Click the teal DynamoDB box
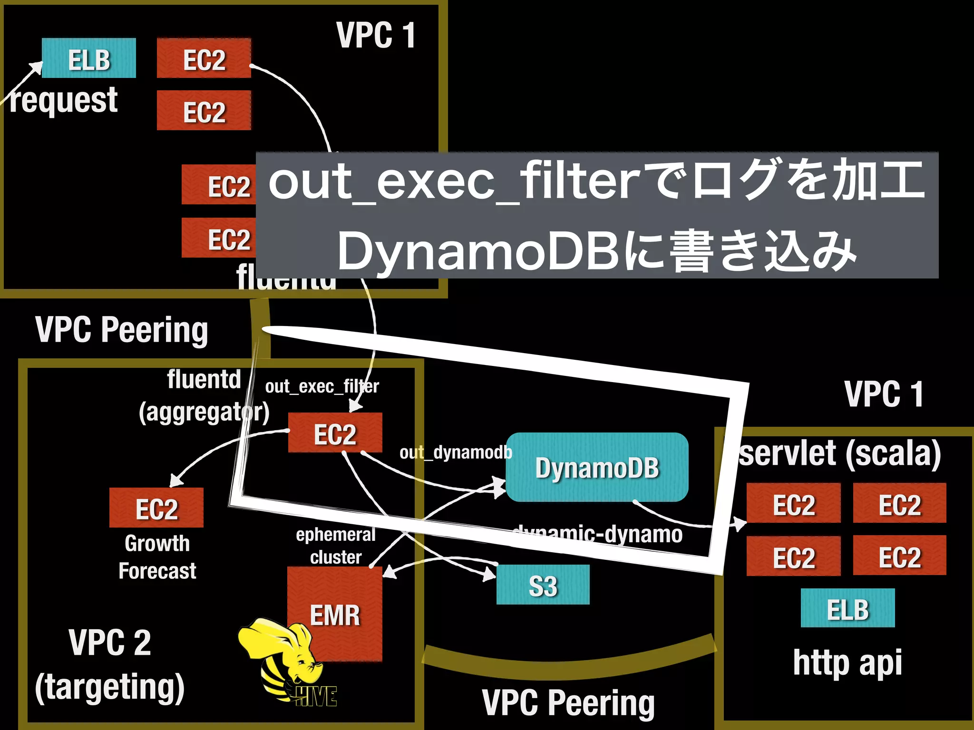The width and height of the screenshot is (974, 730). [x=597, y=467]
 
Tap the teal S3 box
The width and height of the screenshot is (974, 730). [x=543, y=585]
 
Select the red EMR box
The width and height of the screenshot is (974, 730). [x=335, y=614]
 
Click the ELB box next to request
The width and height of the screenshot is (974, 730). [x=89, y=58]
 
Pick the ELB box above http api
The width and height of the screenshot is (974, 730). [x=847, y=608]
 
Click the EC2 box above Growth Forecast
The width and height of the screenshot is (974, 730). [x=156, y=508]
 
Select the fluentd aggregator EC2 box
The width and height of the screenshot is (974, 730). [x=335, y=433]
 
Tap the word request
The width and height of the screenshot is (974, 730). [x=64, y=101]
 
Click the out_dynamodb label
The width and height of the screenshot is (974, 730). [x=456, y=452]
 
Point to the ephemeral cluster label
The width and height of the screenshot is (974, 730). [x=336, y=546]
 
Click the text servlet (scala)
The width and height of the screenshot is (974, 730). [x=839, y=453]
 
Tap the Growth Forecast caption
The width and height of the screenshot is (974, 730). [x=157, y=557]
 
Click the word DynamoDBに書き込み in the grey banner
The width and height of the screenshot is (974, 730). [x=597, y=251]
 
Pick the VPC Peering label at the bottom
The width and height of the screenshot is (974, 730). [x=568, y=702]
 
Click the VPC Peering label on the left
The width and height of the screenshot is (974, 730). [x=122, y=329]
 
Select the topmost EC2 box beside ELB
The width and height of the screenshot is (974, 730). [x=204, y=58]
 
